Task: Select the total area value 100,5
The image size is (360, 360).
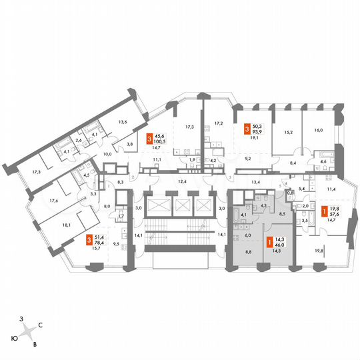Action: click(x=161, y=141)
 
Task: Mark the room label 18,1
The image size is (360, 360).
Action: click(x=47, y=225)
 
